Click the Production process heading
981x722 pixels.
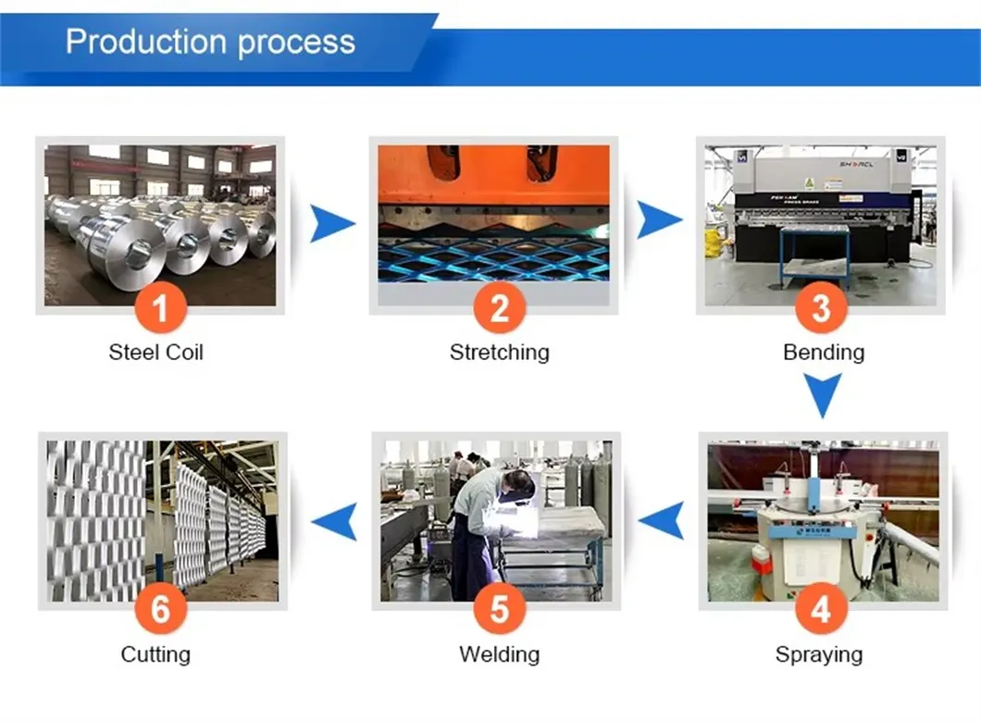210,42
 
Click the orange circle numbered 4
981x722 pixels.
820,611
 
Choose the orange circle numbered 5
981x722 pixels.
499,611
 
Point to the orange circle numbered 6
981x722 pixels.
160,611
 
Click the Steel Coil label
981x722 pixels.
155,352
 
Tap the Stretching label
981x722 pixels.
499,352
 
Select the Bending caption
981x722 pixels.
823,352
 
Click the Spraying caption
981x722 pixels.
818,654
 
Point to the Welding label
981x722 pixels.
499,654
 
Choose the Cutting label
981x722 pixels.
155,654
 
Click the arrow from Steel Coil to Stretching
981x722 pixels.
330,224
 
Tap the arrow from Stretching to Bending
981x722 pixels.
658,221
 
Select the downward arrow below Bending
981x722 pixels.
821,395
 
